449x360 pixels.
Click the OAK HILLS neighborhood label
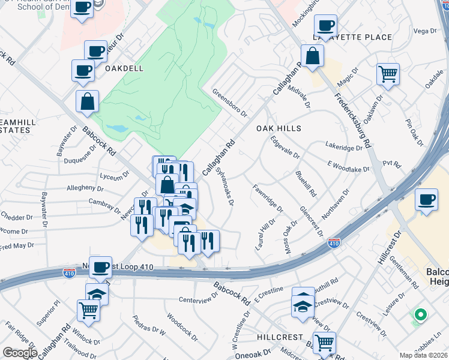pos(279,128)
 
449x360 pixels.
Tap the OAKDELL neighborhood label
pos(124,68)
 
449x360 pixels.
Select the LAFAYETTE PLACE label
pos(352,37)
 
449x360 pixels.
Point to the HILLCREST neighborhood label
pos(280,337)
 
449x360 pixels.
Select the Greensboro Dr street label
pos(231,102)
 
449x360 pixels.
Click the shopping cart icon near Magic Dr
pos(388,74)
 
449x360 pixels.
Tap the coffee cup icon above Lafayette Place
pos(325,26)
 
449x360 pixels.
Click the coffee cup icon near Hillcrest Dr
pos(426,200)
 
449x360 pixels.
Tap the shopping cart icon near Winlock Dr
pos(88,310)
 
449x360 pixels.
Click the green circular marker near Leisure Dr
pos(421,314)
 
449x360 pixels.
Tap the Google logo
pos(19,352)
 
